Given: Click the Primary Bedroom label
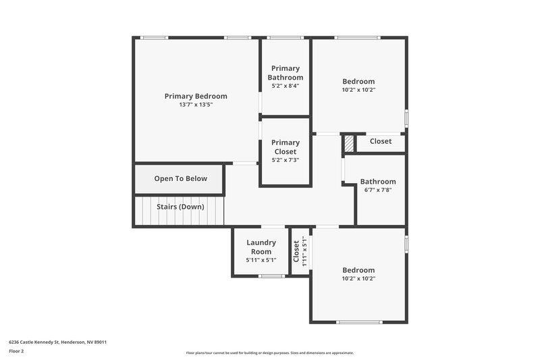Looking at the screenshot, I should click(196, 96).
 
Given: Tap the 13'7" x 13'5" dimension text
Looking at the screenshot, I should click(196, 105).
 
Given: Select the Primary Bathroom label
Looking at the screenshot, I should click(286, 72).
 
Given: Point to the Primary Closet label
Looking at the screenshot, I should click(285, 147).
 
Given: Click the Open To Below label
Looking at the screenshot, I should click(180, 179).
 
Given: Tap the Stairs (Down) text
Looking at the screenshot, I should click(180, 207).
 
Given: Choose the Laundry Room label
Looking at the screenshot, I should click(261, 247).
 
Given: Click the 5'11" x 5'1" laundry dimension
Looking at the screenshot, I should click(261, 260).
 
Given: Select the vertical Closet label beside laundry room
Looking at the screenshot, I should click(296, 252).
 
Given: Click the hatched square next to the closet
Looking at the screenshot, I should click(349, 144).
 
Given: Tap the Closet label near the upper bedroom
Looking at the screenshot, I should click(380, 141).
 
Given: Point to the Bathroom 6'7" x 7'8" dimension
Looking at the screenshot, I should click(378, 190).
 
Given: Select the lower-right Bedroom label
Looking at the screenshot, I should click(358, 270).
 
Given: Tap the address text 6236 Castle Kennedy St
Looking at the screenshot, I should click(57, 342).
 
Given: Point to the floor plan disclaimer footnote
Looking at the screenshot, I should click(269, 353).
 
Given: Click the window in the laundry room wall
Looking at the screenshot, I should click(271, 276).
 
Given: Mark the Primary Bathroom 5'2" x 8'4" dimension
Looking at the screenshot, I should click(285, 86).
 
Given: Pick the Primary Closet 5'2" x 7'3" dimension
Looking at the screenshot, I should click(285, 160).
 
